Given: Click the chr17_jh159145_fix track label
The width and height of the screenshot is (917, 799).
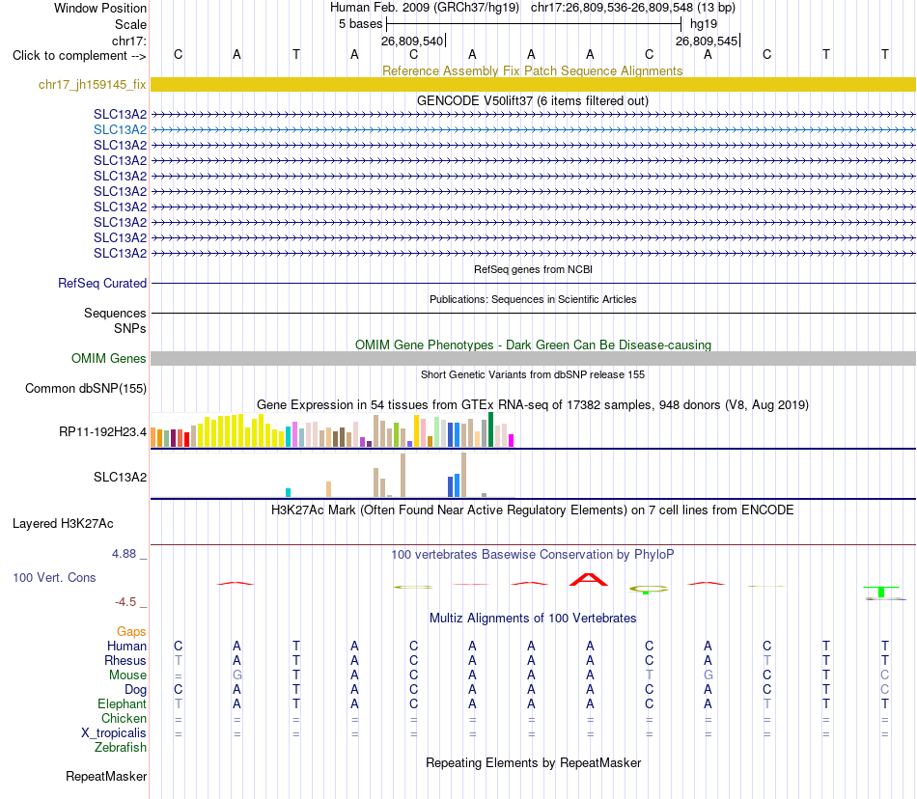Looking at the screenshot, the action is (x=93, y=85).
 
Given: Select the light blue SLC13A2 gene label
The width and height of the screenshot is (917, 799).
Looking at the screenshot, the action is (x=120, y=129).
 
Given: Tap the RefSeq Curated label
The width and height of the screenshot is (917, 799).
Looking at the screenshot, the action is (x=102, y=283).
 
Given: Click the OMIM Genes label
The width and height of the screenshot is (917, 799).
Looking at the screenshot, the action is (x=109, y=358).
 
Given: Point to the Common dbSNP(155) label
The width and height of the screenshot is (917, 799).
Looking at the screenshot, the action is (x=86, y=389).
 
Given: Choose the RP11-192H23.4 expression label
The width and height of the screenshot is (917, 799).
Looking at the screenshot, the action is (x=103, y=432).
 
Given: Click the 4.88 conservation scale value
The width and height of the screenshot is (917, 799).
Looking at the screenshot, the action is (x=124, y=554).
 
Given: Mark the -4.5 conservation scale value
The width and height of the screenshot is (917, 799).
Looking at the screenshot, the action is (x=125, y=602).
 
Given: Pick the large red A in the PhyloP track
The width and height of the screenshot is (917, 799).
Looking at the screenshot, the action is (x=589, y=580).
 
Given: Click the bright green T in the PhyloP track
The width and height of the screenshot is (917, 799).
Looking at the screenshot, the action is (x=881, y=592).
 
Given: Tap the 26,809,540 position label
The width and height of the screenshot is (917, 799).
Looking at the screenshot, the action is (x=412, y=41).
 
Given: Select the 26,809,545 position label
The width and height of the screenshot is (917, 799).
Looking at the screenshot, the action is (x=707, y=41).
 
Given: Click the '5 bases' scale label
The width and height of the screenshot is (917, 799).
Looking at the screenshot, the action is (x=360, y=24).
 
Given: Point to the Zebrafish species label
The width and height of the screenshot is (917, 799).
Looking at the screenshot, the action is (x=121, y=748).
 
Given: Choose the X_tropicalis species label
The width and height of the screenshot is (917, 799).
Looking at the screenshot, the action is (x=114, y=733).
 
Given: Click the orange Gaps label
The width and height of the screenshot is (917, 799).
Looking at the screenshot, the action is (x=131, y=631).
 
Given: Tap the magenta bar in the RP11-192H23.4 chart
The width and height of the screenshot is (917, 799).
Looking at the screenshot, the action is (x=512, y=441).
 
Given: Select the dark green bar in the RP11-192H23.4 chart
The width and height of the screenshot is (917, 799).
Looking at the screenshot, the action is (x=491, y=429).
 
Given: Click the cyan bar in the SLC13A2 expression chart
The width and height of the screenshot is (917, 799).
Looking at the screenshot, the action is (x=288, y=493).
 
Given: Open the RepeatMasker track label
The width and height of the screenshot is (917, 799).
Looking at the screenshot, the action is (x=106, y=776).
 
